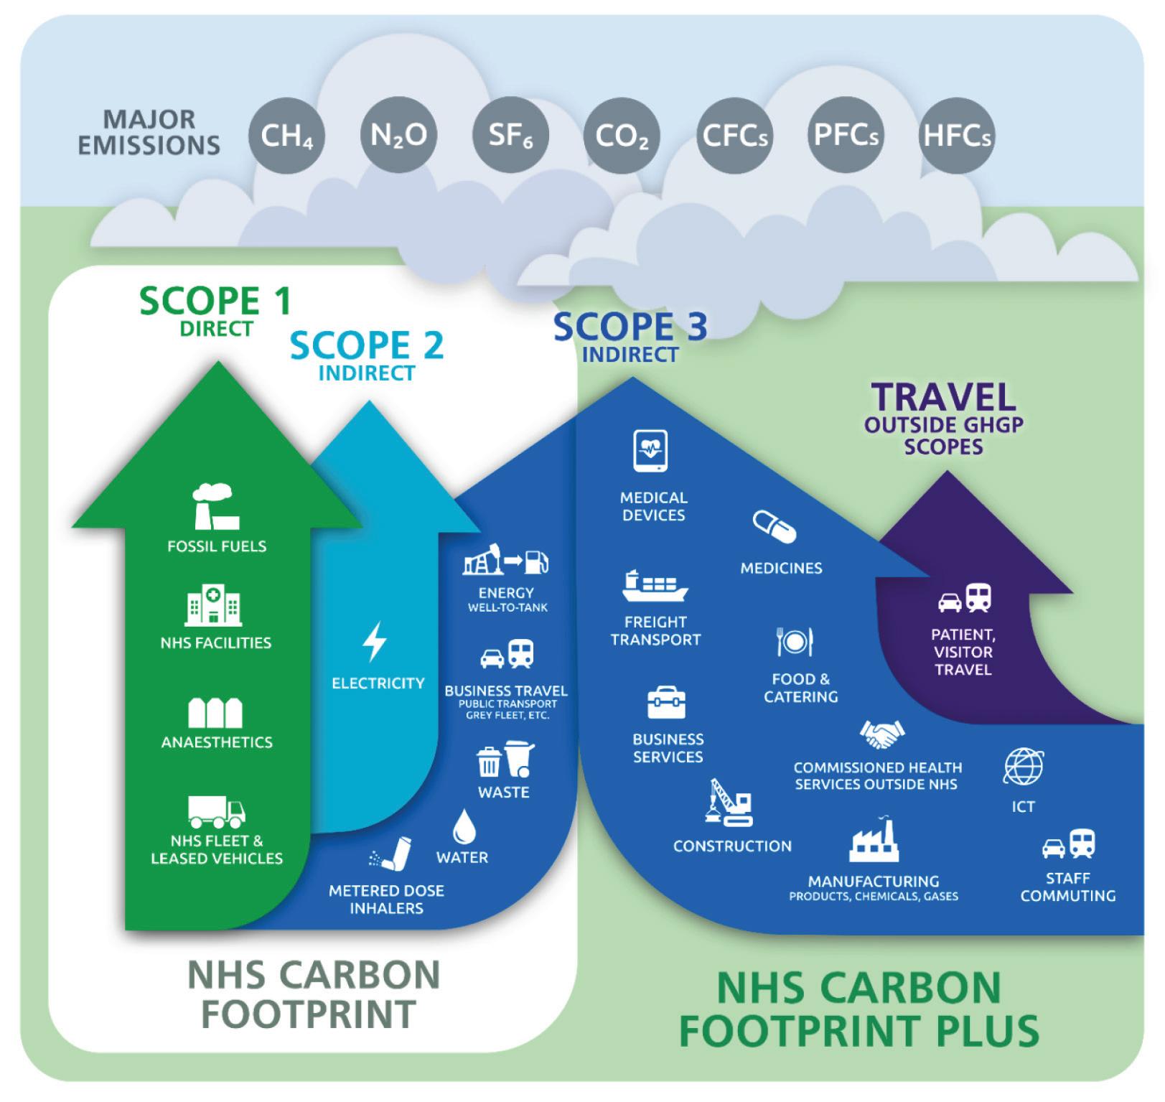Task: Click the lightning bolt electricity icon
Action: click(x=375, y=641)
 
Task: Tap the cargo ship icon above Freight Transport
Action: click(x=654, y=586)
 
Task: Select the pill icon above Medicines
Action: click(x=774, y=528)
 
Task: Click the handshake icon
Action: click(x=881, y=734)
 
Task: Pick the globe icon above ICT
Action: click(x=1023, y=767)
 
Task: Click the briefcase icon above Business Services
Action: click(x=666, y=702)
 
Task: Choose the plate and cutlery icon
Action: click(x=795, y=641)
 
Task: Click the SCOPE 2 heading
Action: click(x=366, y=345)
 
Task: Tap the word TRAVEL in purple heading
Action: click(x=943, y=397)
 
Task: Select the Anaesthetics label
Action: click(x=217, y=742)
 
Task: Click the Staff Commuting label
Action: click(x=1067, y=887)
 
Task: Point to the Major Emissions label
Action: click(x=149, y=132)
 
